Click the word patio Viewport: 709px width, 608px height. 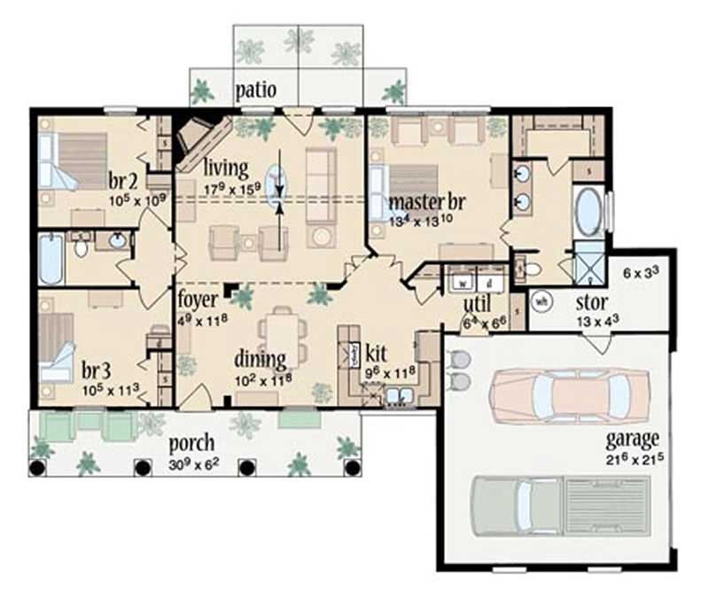[257, 90]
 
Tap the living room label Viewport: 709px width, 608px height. [225, 167]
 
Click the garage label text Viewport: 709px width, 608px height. [631, 439]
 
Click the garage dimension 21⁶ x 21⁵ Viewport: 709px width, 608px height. [631, 458]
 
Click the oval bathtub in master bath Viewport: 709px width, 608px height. [588, 211]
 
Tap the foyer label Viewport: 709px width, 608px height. [192, 298]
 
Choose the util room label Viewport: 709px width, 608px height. [477, 306]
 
